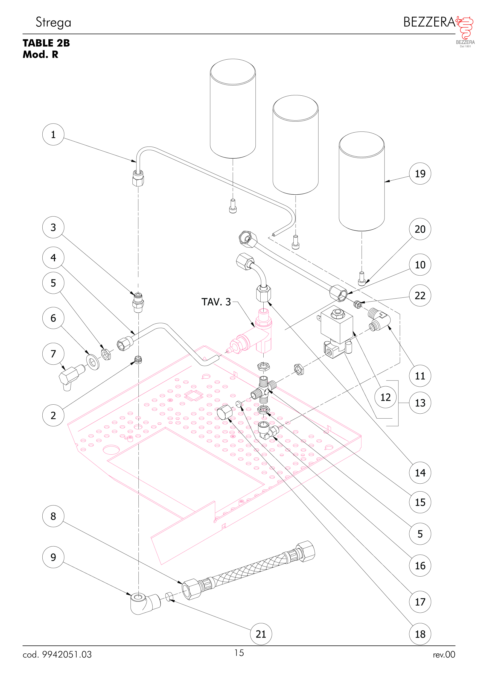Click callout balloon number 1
pos(53,134)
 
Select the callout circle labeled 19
pos(420,173)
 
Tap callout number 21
pos(261,634)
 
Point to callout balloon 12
pos(385,397)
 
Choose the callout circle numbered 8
pos(53,516)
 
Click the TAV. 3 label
pos(216,302)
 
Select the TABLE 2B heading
pos(46,43)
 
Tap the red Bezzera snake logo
pos(465,28)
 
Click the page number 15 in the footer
pos(239,653)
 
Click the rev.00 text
pos(444,655)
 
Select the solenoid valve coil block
pos(337,324)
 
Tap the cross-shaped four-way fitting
pos(263,390)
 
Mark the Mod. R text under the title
pos(40,55)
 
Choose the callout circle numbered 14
pos(420,472)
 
